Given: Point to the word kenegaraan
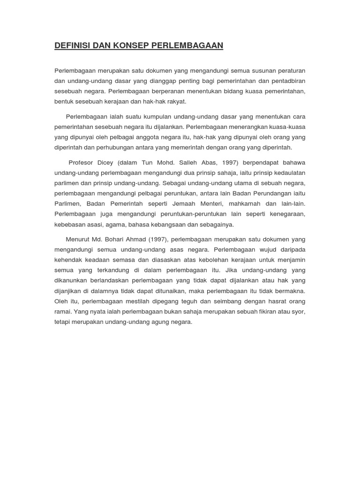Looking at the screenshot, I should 287,214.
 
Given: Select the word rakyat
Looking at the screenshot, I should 177,101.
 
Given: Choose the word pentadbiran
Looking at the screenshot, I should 288,81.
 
